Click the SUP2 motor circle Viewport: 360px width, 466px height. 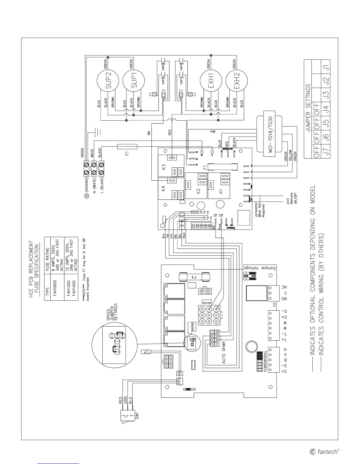108,80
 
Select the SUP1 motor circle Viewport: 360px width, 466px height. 134,80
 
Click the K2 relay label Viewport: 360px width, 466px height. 198,191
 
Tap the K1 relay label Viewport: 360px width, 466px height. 221,191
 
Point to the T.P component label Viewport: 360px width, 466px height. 146,352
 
